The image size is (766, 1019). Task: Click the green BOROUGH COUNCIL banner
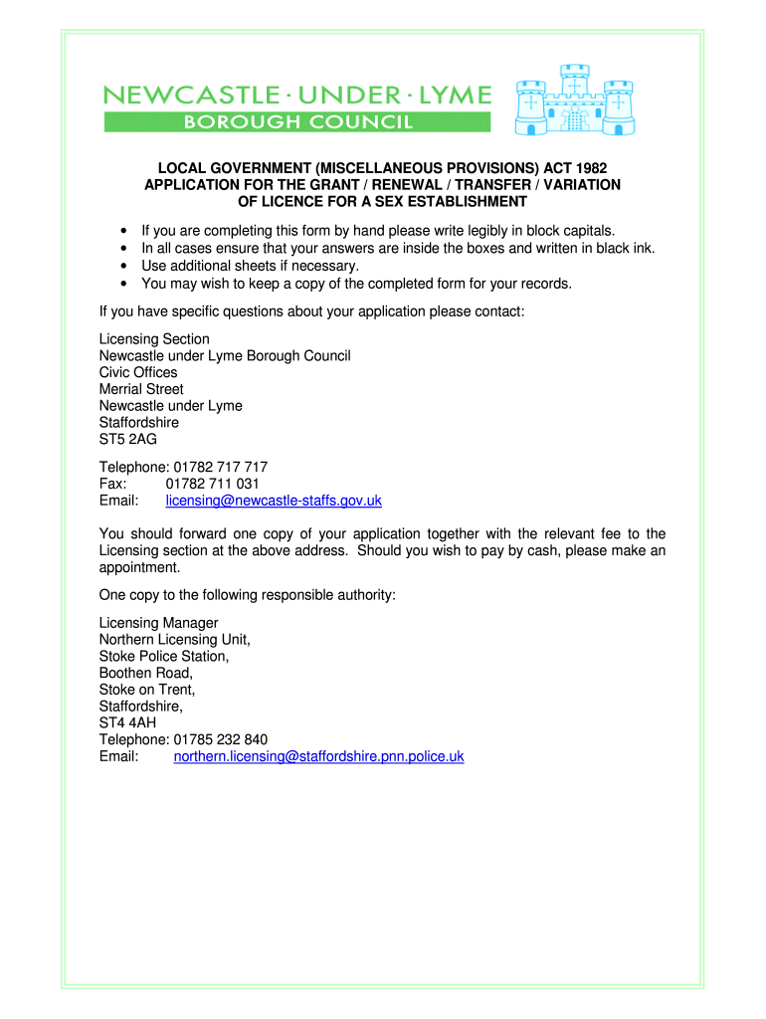point(297,122)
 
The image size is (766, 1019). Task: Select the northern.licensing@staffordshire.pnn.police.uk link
point(318,756)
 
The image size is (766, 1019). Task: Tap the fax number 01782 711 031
point(212,484)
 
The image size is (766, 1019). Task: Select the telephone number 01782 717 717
point(220,467)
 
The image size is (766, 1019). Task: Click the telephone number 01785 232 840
point(220,739)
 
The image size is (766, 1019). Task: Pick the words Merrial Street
point(141,389)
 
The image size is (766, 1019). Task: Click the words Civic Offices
point(138,372)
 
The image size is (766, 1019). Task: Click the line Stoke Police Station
point(164,657)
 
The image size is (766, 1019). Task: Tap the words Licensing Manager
point(158,623)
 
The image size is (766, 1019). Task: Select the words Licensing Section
point(154,339)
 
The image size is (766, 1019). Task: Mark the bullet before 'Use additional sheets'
point(122,266)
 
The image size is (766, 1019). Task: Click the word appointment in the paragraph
point(139,568)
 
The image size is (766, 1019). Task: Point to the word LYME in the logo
point(454,96)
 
